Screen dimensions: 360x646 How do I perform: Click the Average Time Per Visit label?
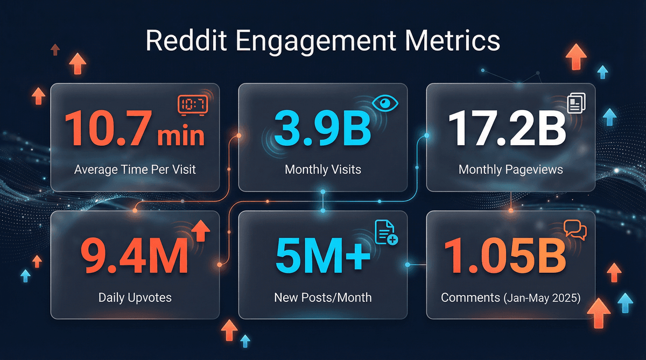click(135, 170)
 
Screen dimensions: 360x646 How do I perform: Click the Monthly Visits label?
click(322, 170)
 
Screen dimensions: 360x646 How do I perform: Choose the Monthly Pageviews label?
click(510, 170)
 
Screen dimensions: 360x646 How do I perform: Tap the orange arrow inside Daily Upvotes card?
click(200, 230)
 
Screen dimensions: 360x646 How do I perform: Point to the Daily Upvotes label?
click(135, 297)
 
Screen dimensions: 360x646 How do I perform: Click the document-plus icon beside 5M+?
click(385, 233)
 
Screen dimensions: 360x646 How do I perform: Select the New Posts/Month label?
click(322, 297)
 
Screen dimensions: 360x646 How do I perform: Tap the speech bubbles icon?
click(575, 230)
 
